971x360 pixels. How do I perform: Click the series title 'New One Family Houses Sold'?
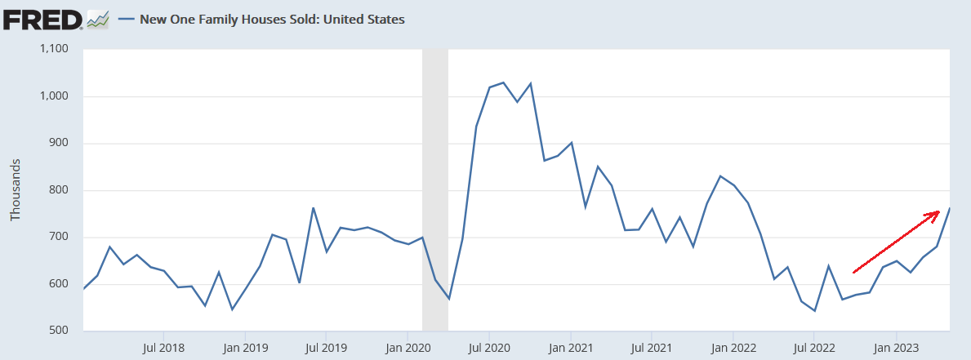(x=272, y=19)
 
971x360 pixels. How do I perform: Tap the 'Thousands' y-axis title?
(x=15, y=190)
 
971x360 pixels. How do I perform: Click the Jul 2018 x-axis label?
(x=163, y=347)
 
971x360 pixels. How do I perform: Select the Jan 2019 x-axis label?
(x=244, y=347)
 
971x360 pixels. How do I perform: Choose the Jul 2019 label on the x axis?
(x=325, y=347)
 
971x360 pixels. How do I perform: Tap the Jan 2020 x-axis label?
(x=408, y=347)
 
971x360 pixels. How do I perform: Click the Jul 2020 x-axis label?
(x=488, y=347)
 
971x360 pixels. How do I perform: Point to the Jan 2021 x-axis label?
(x=571, y=347)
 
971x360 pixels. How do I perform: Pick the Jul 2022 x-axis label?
(x=814, y=347)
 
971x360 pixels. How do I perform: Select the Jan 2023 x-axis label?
(x=896, y=347)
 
